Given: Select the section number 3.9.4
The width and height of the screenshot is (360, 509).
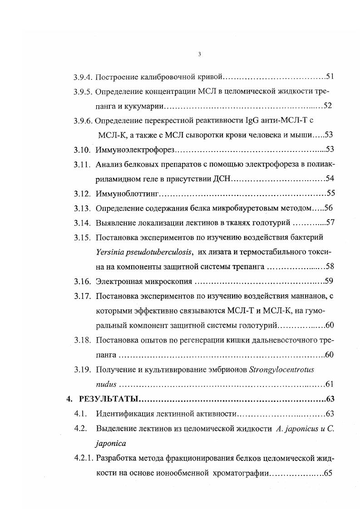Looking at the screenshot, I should tap(83, 76).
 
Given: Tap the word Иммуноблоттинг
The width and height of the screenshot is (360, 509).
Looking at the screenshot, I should tap(128, 193).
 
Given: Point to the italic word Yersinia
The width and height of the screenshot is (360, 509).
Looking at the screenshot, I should tap(109, 252).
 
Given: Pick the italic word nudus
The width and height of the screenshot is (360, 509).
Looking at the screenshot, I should tap(106, 384).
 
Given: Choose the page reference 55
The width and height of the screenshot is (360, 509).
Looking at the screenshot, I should tap(330, 193).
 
